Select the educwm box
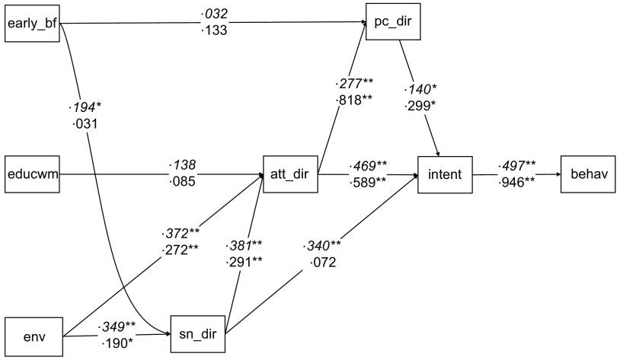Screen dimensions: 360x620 32,174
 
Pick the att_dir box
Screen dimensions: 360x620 289,174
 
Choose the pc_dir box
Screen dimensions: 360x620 393,23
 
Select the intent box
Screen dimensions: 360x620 445,174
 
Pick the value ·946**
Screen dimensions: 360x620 517,183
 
